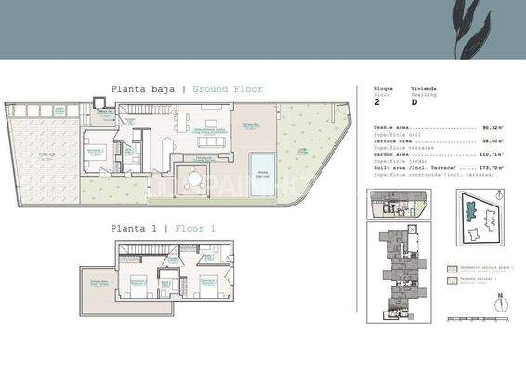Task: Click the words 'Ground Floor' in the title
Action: (228, 89)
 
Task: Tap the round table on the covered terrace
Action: (195, 182)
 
